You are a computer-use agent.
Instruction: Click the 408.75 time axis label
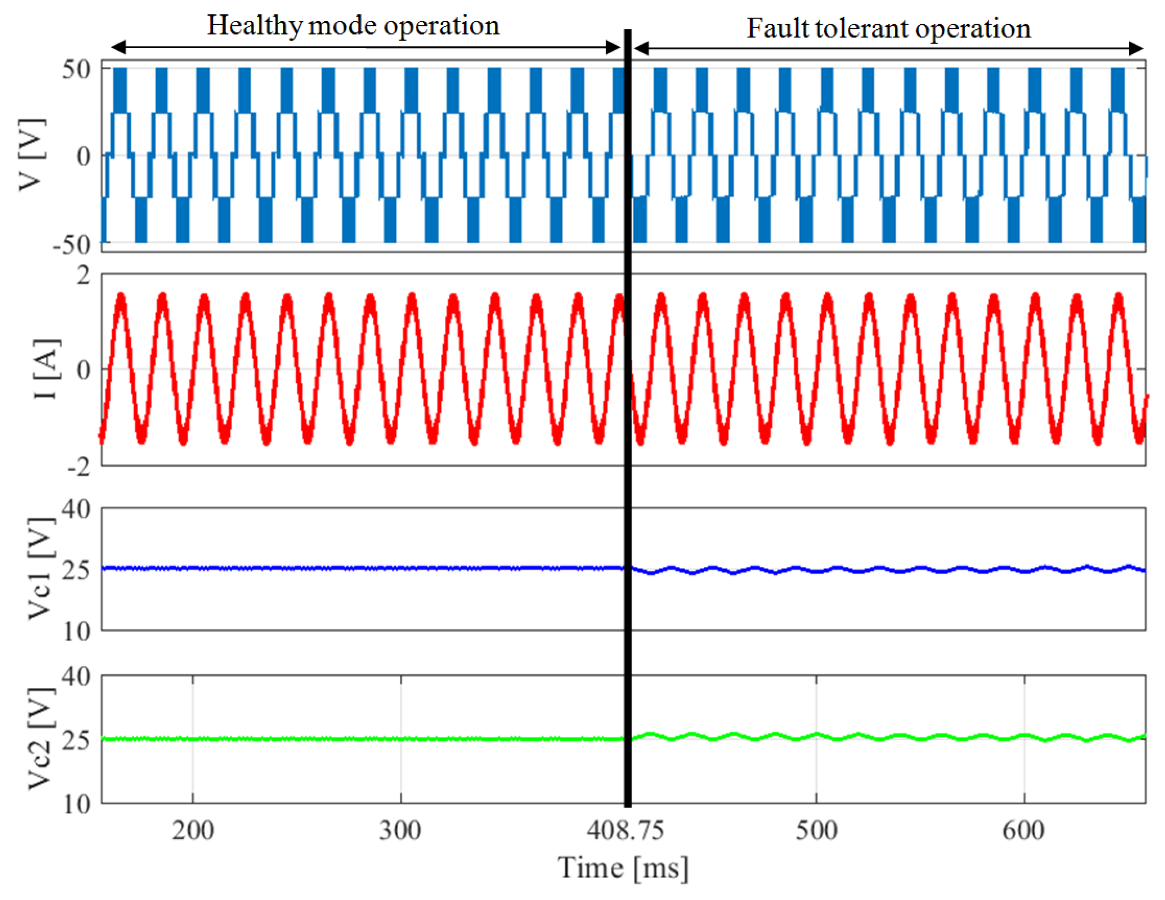625,830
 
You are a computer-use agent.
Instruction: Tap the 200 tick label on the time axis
192,830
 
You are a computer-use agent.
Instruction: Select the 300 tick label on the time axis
400,830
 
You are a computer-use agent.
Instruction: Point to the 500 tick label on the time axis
816,830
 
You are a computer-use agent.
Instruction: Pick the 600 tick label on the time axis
1023,830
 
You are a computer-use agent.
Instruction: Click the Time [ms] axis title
623,868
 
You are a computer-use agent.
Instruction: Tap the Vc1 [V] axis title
40,568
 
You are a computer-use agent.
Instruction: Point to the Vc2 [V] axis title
40,738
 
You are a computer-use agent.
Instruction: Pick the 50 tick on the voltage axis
76,70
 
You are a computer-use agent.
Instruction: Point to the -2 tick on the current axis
79,467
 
